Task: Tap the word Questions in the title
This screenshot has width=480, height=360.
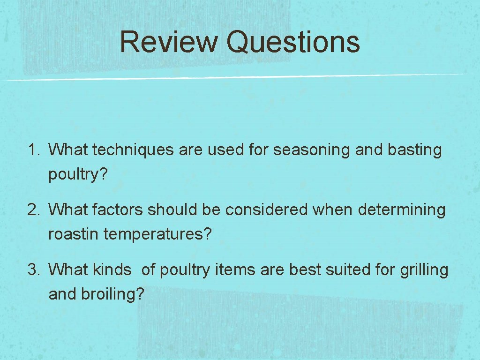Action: click(x=293, y=42)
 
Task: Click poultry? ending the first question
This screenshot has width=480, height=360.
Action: click(x=78, y=175)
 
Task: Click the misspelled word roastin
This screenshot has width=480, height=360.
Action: click(x=74, y=234)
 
